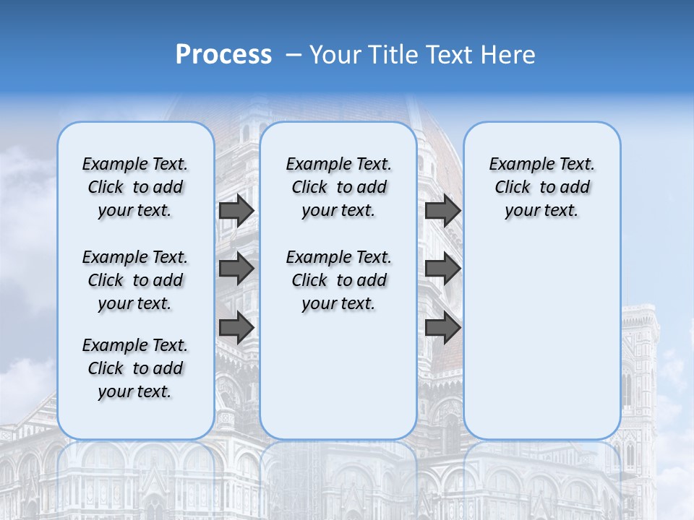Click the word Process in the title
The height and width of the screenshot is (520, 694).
tap(223, 55)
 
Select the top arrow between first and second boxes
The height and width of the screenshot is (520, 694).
tap(236, 211)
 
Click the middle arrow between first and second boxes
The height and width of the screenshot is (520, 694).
tap(236, 269)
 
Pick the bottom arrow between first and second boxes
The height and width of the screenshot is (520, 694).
tap(236, 328)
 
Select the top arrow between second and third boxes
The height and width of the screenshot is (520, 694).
tap(442, 211)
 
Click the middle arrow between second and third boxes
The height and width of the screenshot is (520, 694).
tap(442, 269)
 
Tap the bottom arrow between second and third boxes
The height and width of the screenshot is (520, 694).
tap(442, 328)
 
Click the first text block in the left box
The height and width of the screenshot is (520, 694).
tap(135, 187)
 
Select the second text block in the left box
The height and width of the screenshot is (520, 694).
tap(135, 280)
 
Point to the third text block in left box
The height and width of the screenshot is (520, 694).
tap(135, 368)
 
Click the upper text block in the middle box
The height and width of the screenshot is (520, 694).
tap(338, 187)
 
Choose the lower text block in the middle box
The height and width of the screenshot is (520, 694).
tap(338, 280)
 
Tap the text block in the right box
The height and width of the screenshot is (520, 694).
tap(541, 187)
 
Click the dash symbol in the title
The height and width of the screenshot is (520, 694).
tap(294, 56)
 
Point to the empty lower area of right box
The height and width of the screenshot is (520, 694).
tap(541, 339)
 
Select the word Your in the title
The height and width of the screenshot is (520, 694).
tap(335, 55)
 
